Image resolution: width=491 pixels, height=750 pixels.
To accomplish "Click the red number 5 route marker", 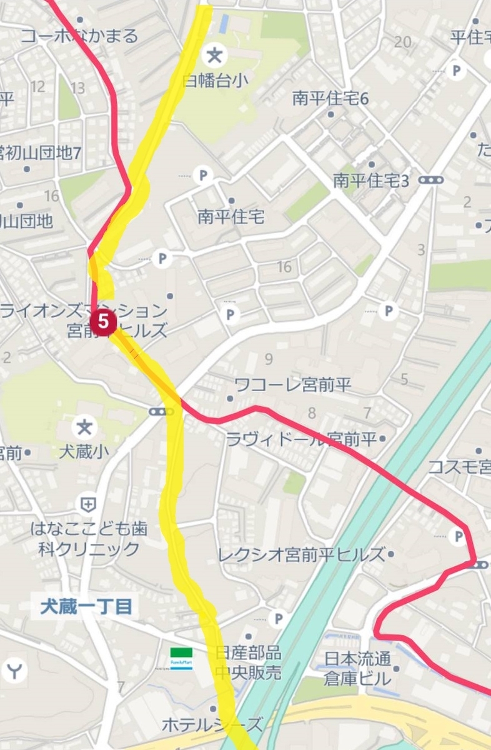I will coord(104,322).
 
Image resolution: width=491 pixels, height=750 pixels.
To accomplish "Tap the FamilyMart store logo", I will coord(182,656).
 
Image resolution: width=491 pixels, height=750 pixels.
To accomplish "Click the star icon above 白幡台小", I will coord(214,57).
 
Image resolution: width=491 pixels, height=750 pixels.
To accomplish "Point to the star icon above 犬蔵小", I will coord(83,428).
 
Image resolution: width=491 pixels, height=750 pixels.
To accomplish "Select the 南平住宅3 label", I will coord(370,181).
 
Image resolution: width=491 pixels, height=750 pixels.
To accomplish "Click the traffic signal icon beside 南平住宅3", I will coord(431,180).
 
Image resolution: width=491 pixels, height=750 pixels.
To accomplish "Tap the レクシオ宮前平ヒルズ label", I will coord(301,554).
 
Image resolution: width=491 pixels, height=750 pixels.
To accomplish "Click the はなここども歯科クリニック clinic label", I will coord(86,539).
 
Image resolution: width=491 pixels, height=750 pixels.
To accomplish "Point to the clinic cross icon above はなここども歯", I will coord(88,504).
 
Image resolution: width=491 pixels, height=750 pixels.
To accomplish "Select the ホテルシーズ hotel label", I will coord(212,725).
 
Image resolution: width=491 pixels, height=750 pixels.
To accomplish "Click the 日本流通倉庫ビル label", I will coord(358,668).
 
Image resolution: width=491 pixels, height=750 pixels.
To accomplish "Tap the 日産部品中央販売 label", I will coord(249,662).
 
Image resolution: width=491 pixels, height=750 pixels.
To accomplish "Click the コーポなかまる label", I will coord(79,36).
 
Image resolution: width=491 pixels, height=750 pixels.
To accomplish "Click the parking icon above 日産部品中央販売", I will coord(278,619).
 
